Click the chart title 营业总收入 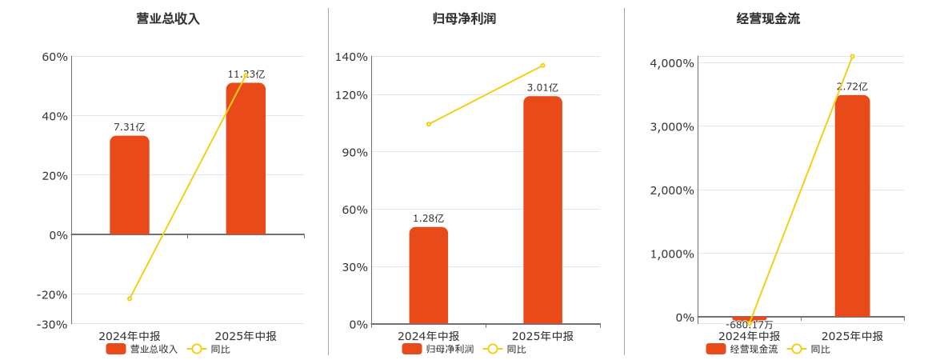point(168,18)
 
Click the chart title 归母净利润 point(464,18)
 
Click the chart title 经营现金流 point(768,18)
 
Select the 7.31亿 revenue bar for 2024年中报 point(130,186)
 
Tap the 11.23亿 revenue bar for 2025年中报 point(246,159)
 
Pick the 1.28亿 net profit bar point(429,276)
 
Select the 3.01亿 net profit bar point(543,210)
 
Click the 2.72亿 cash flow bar point(852,206)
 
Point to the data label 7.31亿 point(130,127)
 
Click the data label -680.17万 point(750,325)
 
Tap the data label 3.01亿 point(543,88)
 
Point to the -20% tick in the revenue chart point(52,294)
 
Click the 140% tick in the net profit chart point(352,57)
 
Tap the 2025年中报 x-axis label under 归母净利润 point(543,336)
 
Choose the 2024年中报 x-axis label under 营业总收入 point(130,336)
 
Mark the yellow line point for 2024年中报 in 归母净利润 point(429,124)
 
